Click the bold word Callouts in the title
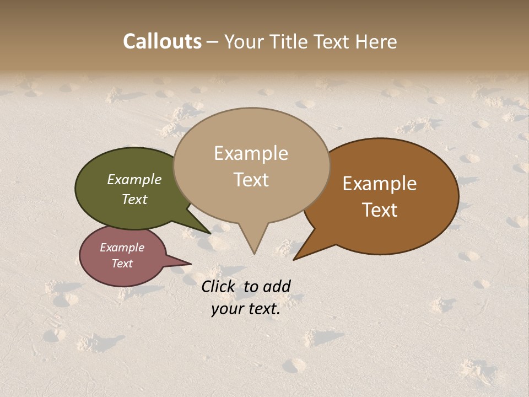click(162, 41)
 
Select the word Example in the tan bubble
click(251, 153)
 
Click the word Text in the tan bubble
click(251, 180)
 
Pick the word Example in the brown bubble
click(380, 184)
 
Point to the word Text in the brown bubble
click(380, 210)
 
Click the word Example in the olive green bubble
click(134, 179)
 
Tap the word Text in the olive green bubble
click(134, 199)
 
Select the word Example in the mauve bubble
click(122, 248)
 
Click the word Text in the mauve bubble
click(122, 264)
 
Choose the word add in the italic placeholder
click(277, 286)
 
